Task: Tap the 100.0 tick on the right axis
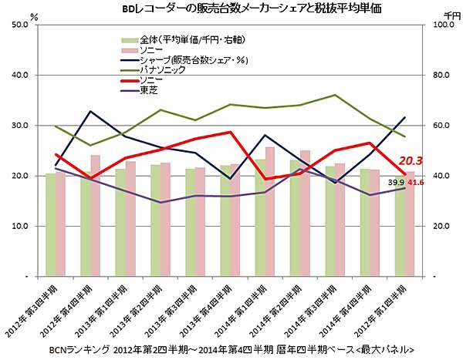coord(443,25)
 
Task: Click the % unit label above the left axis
coord(34,15)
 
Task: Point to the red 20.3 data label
coord(411,161)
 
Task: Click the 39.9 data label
coord(396,183)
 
